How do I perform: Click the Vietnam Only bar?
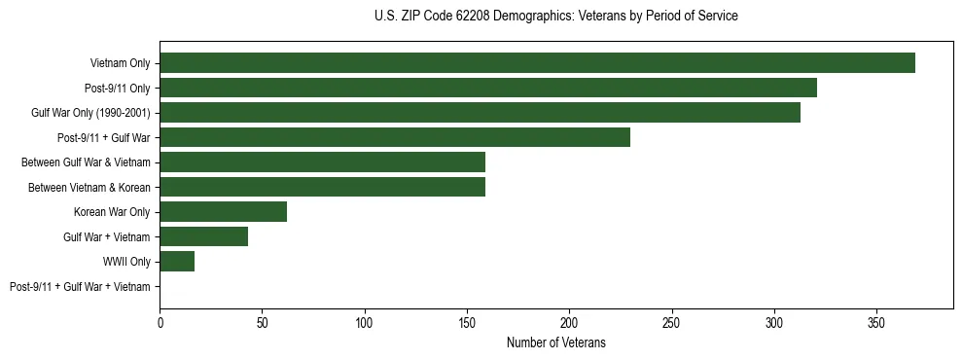(537, 63)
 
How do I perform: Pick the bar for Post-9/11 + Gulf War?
(395, 137)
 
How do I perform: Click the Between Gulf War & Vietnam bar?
(322, 162)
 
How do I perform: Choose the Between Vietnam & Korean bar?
(322, 187)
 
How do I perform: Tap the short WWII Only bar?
(177, 262)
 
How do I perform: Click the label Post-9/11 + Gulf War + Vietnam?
(80, 287)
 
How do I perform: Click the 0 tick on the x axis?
(160, 322)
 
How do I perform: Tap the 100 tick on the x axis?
(365, 322)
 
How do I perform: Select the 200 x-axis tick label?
(569, 322)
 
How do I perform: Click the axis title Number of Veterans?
(555, 342)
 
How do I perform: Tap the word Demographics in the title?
(527, 17)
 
